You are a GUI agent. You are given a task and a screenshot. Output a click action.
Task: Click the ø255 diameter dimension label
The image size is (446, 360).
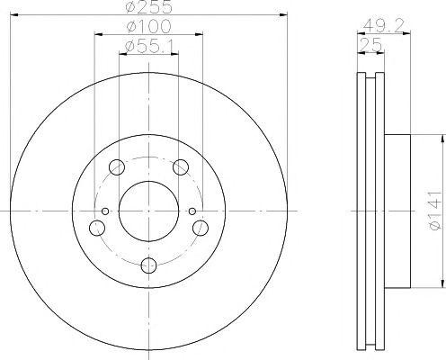point(149,6)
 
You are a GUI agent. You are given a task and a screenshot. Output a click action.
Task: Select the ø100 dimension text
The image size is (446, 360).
point(148,26)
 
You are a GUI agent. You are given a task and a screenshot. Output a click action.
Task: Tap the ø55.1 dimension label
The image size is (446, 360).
point(149,47)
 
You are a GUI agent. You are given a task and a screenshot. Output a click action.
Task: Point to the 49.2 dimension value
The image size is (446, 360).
point(383,25)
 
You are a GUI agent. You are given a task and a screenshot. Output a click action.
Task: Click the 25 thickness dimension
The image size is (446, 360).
point(370,45)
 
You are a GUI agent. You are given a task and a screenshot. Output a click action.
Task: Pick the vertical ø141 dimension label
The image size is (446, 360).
point(435,210)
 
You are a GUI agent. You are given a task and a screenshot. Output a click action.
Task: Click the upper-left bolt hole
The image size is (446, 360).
point(117,167)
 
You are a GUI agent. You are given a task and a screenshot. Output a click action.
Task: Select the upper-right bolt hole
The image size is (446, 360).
point(181,167)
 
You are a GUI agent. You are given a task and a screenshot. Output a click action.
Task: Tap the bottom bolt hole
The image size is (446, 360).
point(148,265)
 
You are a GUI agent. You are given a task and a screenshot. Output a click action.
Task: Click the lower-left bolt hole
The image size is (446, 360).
point(97,228)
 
